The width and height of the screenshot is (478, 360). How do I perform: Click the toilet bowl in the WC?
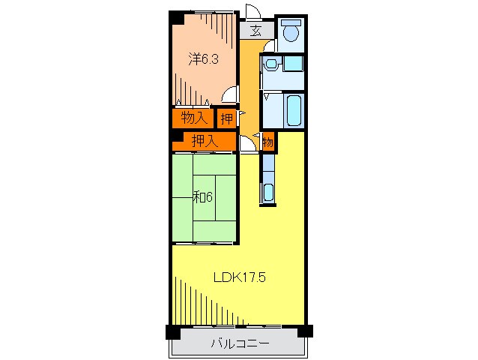(x=291, y=33)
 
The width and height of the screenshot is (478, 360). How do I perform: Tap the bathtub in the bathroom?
(x=294, y=110)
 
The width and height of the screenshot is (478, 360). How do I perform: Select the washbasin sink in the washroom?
(x=270, y=64)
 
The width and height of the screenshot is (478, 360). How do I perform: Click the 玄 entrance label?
(x=256, y=31)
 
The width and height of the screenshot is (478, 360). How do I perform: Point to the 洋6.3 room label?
(x=203, y=59)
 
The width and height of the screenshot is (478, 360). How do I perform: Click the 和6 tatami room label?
(x=203, y=197)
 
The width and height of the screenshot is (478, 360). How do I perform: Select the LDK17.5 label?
(x=240, y=277)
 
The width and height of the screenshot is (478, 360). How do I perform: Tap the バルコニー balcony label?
(x=240, y=343)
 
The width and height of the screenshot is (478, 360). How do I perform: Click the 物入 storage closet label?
(x=194, y=118)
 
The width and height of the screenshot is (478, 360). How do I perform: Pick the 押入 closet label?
(x=205, y=141)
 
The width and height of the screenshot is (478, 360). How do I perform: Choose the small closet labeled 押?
(x=227, y=118)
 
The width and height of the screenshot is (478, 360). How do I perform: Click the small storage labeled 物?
(x=268, y=142)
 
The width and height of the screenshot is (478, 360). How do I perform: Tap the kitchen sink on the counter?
(x=268, y=192)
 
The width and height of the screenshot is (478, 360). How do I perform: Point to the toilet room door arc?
(x=268, y=46)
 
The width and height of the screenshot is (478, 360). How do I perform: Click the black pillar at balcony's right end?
(x=305, y=331)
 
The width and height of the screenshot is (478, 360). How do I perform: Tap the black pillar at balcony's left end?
(x=173, y=332)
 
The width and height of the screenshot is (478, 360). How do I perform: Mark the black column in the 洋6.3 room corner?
(x=177, y=18)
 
